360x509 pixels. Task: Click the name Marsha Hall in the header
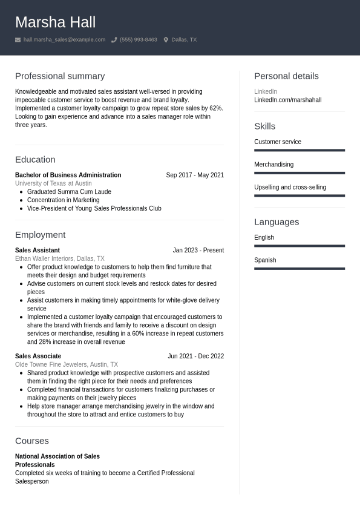click(55, 22)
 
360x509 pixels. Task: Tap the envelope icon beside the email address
click(18, 40)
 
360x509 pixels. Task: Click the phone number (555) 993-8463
click(138, 40)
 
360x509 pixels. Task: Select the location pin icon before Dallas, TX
click(166, 40)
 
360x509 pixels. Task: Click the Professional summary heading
click(60, 76)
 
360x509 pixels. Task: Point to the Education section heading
click(35, 160)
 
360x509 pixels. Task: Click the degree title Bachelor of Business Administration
click(68, 175)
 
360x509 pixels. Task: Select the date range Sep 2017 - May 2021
click(195, 175)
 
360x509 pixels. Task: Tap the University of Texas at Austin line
click(53, 183)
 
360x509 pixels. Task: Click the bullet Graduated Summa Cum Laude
click(69, 192)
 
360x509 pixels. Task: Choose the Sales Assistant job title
click(38, 250)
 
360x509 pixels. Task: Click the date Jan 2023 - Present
click(198, 250)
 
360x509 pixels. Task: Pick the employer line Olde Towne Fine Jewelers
click(67, 365)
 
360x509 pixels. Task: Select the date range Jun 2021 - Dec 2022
click(195, 356)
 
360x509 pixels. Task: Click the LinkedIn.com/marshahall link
click(287, 100)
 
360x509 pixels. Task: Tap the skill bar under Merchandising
click(299, 173)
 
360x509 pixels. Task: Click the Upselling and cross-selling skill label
click(290, 188)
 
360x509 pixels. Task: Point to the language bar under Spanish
click(299, 269)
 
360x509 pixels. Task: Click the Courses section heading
click(32, 441)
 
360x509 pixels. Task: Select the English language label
click(264, 238)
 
